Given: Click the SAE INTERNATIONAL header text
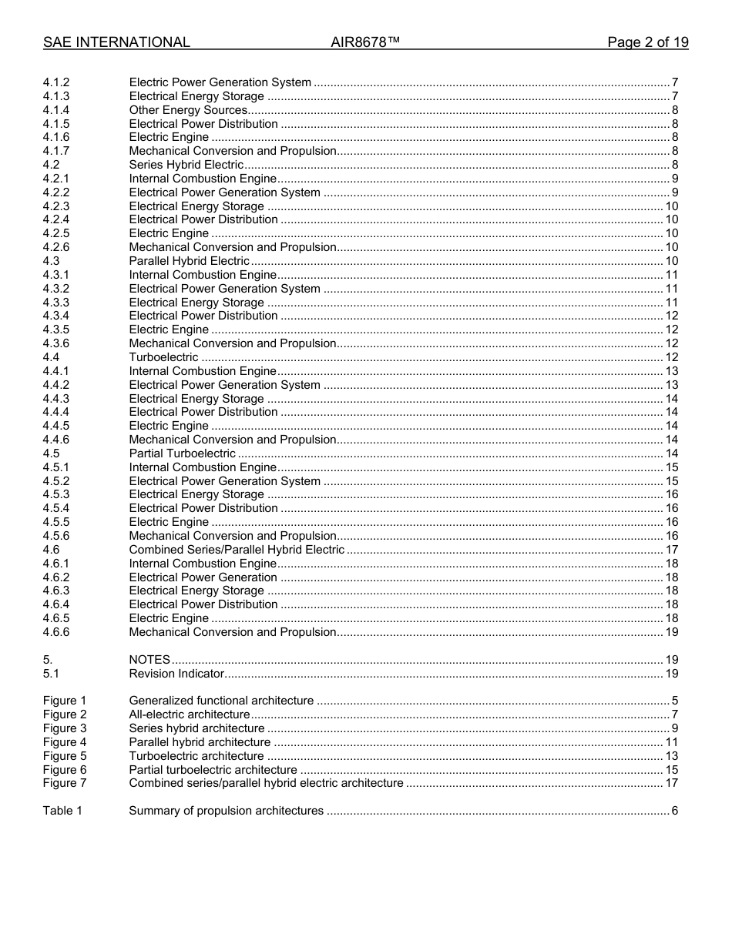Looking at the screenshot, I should click(116, 42).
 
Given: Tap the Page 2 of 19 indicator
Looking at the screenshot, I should click(647, 42).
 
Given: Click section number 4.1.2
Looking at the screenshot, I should click(56, 82).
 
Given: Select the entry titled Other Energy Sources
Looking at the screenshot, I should click(188, 110).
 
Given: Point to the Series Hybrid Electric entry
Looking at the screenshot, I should click(186, 165).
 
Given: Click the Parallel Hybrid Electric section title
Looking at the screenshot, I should click(190, 261).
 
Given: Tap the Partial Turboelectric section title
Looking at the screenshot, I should click(183, 453).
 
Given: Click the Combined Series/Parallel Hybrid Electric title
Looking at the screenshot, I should click(237, 550).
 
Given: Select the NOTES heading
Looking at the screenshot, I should click(149, 660).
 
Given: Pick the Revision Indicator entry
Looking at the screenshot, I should click(176, 674).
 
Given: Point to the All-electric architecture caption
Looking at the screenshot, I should click(190, 714).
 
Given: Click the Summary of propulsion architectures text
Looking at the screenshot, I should click(227, 811).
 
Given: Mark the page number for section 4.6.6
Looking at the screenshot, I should click(671, 632).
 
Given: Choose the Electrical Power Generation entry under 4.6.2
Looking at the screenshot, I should click(203, 577).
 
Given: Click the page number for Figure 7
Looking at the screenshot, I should click(671, 783).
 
